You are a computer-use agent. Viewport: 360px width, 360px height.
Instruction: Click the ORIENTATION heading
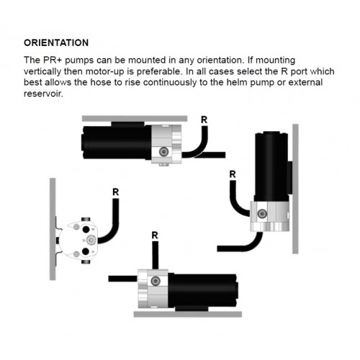coord(56,42)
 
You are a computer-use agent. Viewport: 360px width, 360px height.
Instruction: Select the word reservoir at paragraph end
coord(43,94)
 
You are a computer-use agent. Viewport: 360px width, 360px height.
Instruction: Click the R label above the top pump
coord(204,120)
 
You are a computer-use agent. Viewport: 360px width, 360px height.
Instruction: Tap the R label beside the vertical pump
coord(233,174)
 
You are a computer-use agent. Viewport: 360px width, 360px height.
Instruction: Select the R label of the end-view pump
coord(116,192)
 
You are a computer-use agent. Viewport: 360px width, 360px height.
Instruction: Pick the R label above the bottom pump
coord(155,235)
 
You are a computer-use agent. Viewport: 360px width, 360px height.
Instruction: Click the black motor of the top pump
coord(117,143)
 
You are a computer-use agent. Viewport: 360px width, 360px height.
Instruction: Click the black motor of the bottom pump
coord(203,291)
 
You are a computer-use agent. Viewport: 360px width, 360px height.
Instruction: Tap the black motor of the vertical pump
coord(271,166)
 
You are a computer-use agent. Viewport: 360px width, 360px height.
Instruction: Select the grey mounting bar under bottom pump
coord(188,314)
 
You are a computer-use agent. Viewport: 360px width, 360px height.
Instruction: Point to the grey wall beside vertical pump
coord(295,189)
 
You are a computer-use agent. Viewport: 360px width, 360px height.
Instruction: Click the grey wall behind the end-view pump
coord(53,229)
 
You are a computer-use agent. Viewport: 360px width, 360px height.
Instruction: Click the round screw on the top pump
coord(163,151)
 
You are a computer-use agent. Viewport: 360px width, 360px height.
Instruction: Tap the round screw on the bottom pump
coord(156,281)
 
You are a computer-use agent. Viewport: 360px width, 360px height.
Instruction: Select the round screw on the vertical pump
coord(262,213)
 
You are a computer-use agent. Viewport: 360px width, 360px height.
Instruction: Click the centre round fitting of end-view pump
coord(91,240)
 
